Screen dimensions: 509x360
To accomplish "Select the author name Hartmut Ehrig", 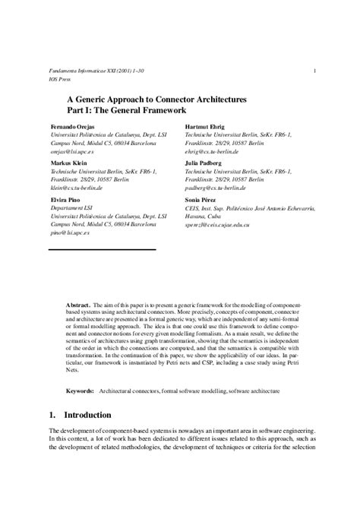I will pyautogui.click(x=206, y=125).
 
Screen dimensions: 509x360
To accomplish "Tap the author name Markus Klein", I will pyautogui.click(x=66, y=162).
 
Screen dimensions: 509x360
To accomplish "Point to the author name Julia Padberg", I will pyautogui.click(x=205, y=162).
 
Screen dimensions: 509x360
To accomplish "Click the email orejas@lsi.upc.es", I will pyautogui.click(x=71, y=151).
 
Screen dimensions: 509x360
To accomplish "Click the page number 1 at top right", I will pyautogui.click(x=314, y=71).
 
